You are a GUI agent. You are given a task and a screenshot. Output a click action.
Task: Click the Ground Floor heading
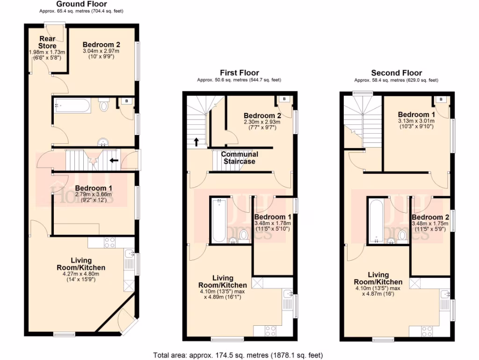[81, 4]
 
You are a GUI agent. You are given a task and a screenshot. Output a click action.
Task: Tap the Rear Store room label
[47, 42]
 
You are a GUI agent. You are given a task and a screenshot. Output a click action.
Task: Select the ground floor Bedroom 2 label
[102, 45]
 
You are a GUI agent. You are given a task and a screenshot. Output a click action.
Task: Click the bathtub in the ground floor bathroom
[72, 105]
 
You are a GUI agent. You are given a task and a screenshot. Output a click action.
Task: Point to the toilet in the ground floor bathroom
[104, 105]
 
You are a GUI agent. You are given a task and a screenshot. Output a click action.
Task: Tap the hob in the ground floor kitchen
[109, 242]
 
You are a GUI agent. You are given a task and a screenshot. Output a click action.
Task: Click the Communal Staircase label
[239, 157]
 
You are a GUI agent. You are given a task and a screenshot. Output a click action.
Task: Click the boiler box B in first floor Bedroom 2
[284, 99]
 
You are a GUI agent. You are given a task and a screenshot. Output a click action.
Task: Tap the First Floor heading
[239, 73]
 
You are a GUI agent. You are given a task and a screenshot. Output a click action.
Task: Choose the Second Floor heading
[396, 73]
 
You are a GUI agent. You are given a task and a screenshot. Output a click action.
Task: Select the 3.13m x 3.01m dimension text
[416, 121]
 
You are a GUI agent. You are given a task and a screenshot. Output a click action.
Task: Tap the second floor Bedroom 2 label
[430, 217]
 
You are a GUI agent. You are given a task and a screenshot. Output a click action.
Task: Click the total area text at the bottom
[238, 355]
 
